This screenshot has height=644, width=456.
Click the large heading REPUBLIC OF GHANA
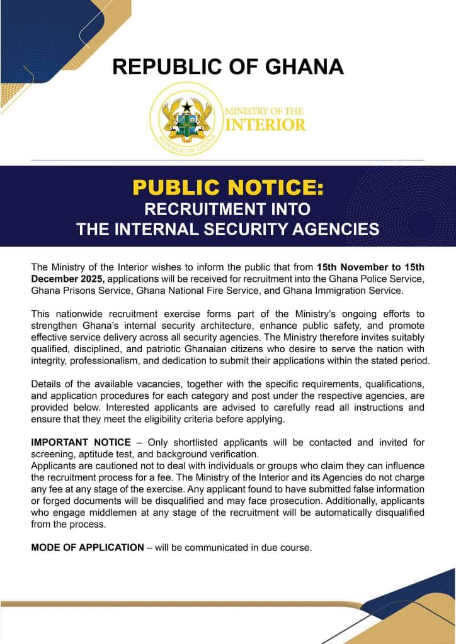[x=228, y=67]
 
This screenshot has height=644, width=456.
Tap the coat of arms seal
[x=186, y=119]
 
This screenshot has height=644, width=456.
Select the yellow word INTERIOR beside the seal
[x=265, y=125]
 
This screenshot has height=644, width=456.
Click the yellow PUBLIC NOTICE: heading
[x=228, y=187]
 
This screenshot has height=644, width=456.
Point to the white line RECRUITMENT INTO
[x=228, y=208]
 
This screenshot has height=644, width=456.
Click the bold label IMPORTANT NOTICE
[x=81, y=442]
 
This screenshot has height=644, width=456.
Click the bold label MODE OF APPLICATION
[x=88, y=547]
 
